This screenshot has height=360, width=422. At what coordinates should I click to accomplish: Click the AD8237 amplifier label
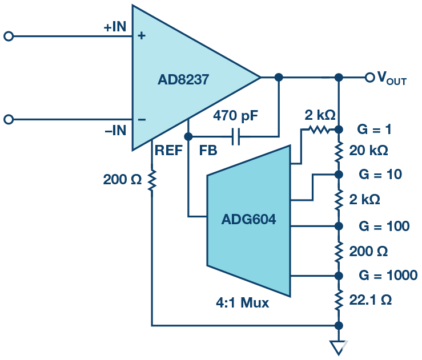point(183,80)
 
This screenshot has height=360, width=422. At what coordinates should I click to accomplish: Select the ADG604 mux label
point(248,219)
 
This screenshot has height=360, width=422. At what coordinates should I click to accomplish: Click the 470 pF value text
point(236,116)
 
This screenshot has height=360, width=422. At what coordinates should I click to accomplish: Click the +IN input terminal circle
point(8,36)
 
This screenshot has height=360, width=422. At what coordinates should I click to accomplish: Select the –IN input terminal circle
point(8,119)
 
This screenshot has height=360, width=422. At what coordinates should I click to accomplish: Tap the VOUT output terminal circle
point(369,77)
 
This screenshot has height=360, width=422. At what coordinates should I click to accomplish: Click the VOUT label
point(391,78)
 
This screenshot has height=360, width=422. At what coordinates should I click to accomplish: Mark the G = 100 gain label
point(384,226)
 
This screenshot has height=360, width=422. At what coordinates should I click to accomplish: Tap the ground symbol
point(339,346)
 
